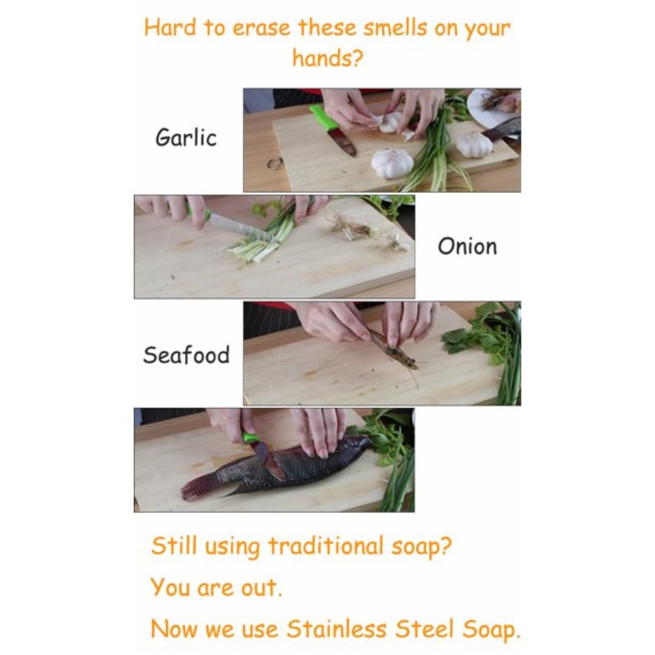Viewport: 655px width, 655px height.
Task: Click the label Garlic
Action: tap(186, 138)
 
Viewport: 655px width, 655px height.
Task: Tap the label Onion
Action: tap(468, 246)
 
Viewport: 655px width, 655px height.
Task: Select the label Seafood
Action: tap(186, 355)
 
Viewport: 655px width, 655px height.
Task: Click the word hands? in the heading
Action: tap(327, 58)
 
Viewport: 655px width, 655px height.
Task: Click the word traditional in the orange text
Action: tap(326, 546)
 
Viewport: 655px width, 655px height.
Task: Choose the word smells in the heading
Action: tap(395, 28)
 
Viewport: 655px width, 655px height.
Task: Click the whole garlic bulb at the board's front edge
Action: tap(392, 163)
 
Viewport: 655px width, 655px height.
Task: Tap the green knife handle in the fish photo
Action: tap(250, 438)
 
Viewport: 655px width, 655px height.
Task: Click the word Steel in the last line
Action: tap(425, 629)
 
